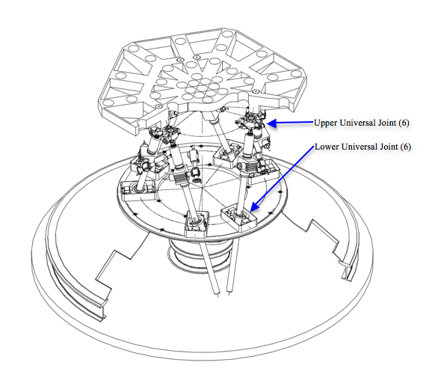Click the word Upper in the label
tap(324, 123)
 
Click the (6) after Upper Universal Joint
tap(404, 123)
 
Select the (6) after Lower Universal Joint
tap(406, 147)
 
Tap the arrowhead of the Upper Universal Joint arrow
tap(271, 123)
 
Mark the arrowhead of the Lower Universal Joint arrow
tap(253, 207)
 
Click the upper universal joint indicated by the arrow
tap(251, 121)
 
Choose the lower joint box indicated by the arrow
tap(238, 219)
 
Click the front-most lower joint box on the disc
tap(197, 224)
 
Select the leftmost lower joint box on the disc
tap(138, 191)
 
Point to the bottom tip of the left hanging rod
tap(218, 295)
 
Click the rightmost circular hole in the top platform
tap(296, 74)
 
